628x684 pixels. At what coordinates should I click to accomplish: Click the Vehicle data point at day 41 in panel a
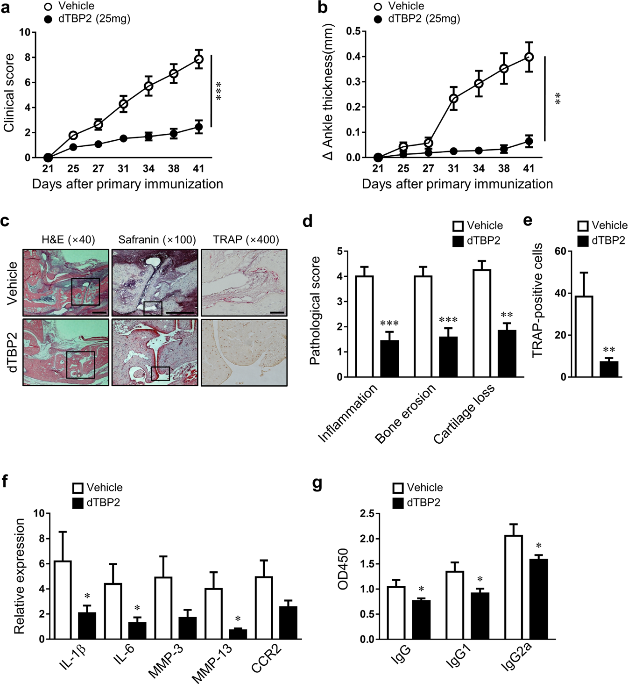point(199,59)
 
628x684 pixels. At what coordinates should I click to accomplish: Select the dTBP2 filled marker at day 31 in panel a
point(123,138)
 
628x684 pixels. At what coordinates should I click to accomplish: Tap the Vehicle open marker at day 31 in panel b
point(453,99)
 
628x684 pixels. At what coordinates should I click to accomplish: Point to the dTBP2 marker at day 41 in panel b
point(529,141)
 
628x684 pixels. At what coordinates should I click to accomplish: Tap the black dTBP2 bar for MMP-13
point(238,634)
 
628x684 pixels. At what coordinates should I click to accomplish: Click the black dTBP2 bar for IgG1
point(480,616)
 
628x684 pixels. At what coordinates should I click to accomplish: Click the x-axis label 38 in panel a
point(174,169)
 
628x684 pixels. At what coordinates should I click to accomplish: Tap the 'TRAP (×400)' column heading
point(246,240)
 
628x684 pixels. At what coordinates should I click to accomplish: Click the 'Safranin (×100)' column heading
point(157,240)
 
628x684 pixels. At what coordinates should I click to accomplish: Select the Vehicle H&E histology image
point(66,282)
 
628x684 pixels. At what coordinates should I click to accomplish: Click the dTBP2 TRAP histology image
point(244,352)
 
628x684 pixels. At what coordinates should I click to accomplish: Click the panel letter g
point(317,483)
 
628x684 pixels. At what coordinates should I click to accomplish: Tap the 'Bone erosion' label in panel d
point(405,414)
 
